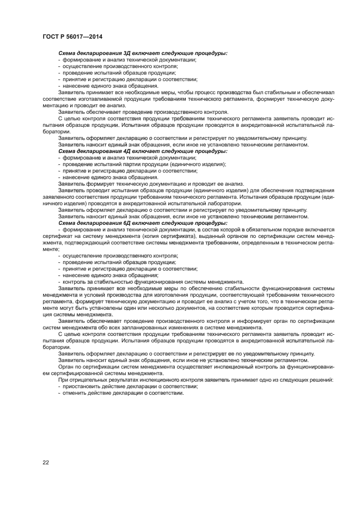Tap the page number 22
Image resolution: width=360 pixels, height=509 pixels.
click(x=46, y=462)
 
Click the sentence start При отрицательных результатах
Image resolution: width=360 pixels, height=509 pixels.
click(x=104, y=379)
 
